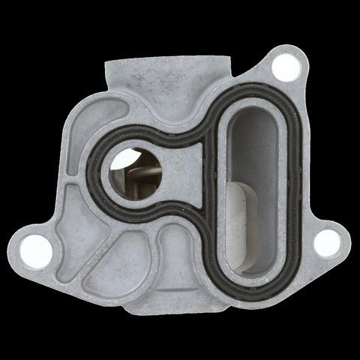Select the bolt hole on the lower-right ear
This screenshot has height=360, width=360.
click(x=324, y=241)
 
